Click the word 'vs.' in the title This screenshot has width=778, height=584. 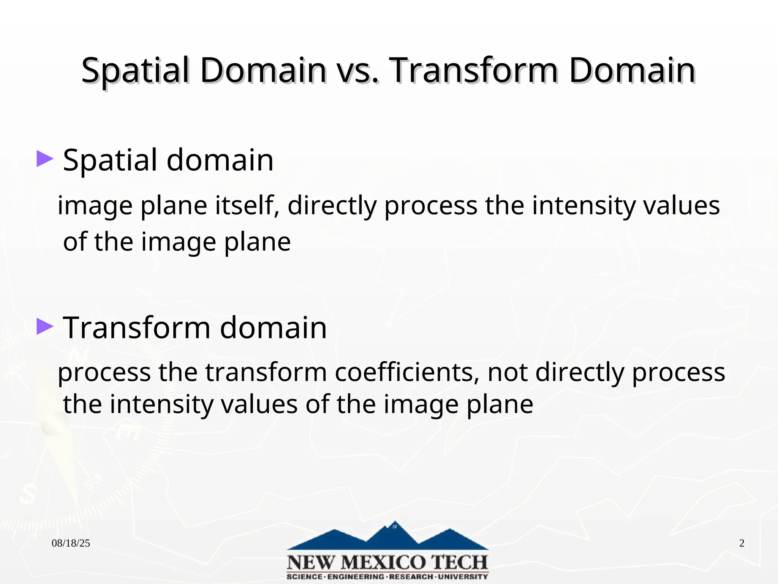[358, 71]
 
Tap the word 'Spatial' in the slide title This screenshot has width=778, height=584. [135, 71]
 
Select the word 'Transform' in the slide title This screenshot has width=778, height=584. [474, 71]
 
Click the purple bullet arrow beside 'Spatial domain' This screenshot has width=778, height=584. [44, 159]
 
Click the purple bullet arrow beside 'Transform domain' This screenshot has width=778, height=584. [44, 327]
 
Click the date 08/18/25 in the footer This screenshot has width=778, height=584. [71, 543]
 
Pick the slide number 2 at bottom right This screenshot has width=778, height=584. [742, 543]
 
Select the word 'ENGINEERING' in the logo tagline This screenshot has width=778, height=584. [356, 577]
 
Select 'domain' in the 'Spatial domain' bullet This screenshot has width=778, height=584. [220, 160]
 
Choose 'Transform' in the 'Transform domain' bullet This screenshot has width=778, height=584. [136, 328]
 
